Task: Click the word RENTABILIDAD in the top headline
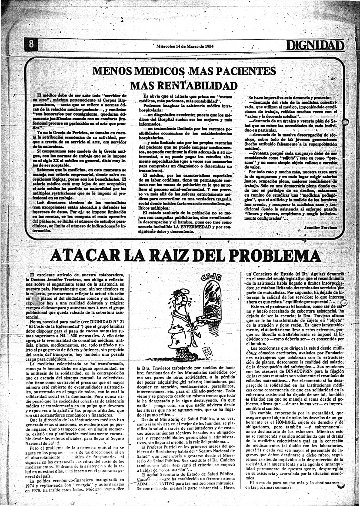click(184, 86)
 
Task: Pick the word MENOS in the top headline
click(112, 71)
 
